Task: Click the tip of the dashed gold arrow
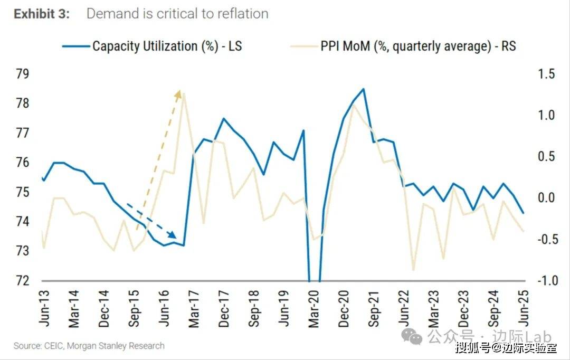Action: [179, 91]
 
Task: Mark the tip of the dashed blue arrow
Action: [177, 239]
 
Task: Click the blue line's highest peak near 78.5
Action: [364, 89]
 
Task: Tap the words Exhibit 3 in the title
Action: [42, 14]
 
